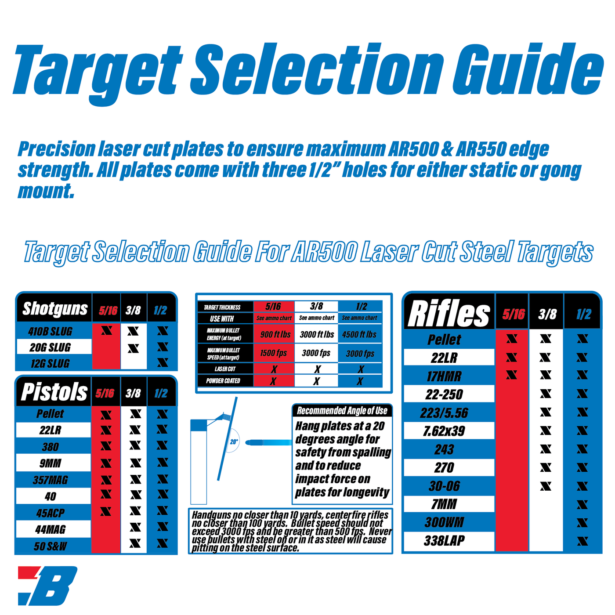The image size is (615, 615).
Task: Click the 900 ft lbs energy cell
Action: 275,334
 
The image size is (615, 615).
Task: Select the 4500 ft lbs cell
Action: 359,334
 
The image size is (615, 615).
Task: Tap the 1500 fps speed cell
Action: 273,353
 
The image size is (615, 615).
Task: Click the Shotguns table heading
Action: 55,309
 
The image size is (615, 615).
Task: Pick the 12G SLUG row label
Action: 50,364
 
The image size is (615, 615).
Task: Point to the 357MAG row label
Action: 51,480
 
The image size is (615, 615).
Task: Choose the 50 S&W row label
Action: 51,546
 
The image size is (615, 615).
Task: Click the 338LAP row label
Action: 444,541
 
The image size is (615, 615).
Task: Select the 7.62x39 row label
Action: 444,431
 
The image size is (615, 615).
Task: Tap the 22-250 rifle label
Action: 444,394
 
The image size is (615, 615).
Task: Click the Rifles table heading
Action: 449,313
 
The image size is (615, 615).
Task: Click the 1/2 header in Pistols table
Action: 161,393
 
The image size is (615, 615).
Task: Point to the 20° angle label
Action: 234,441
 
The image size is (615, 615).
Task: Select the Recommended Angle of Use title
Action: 342,411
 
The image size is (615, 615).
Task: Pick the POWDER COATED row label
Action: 223,381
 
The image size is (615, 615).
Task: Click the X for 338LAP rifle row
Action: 582,541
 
